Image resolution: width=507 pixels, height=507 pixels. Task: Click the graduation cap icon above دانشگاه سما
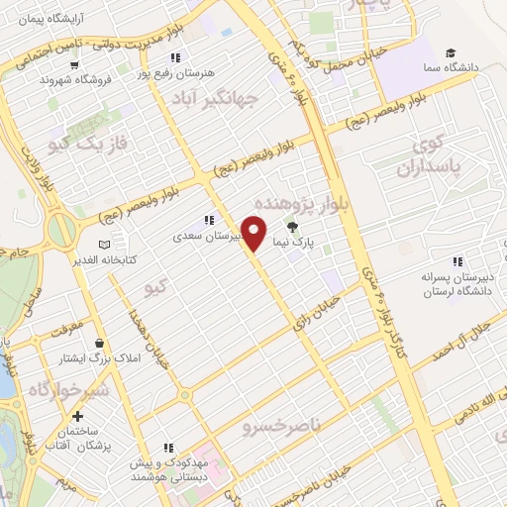tap(451, 51)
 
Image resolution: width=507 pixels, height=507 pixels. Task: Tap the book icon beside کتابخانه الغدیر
tap(106, 245)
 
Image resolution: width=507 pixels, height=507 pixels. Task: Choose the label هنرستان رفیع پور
tap(210, 72)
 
